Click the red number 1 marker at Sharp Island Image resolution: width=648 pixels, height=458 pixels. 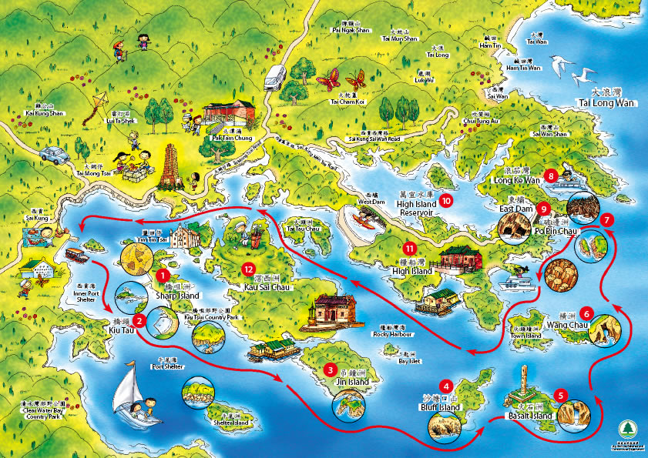[163, 274]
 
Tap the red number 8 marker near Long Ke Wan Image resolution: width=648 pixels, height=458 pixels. [549, 176]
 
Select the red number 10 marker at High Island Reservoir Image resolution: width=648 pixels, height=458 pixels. [447, 201]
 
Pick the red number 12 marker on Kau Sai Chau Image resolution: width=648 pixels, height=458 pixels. [247, 269]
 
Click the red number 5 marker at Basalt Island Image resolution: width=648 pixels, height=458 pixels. [560, 395]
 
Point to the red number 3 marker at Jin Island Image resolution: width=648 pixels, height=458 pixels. [330, 369]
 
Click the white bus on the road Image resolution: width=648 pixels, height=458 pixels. [275, 78]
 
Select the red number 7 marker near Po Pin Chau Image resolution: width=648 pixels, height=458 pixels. [607, 219]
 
